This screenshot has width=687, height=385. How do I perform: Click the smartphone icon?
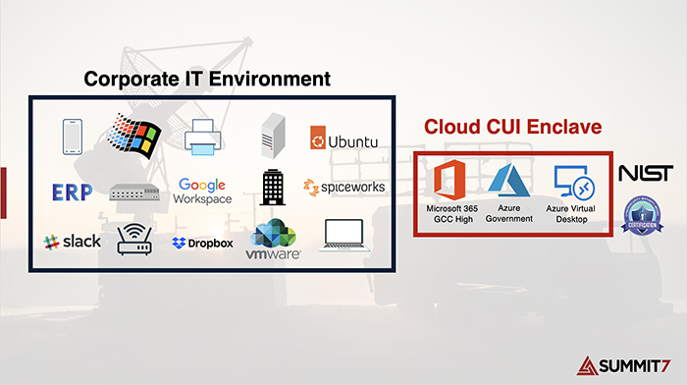pyautogui.click(x=71, y=137)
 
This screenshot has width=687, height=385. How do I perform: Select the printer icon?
pyautogui.click(x=203, y=137)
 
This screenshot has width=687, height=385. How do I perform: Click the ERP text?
pyautogui.click(x=69, y=190)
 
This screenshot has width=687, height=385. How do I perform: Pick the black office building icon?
pyautogui.click(x=273, y=187)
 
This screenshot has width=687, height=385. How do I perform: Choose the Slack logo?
pyautogui.click(x=72, y=241)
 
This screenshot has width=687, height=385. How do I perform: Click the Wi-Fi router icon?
pyautogui.click(x=135, y=241)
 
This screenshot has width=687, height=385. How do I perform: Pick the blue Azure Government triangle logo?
pyautogui.click(x=509, y=183)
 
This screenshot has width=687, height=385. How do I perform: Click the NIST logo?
pyautogui.click(x=645, y=174)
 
